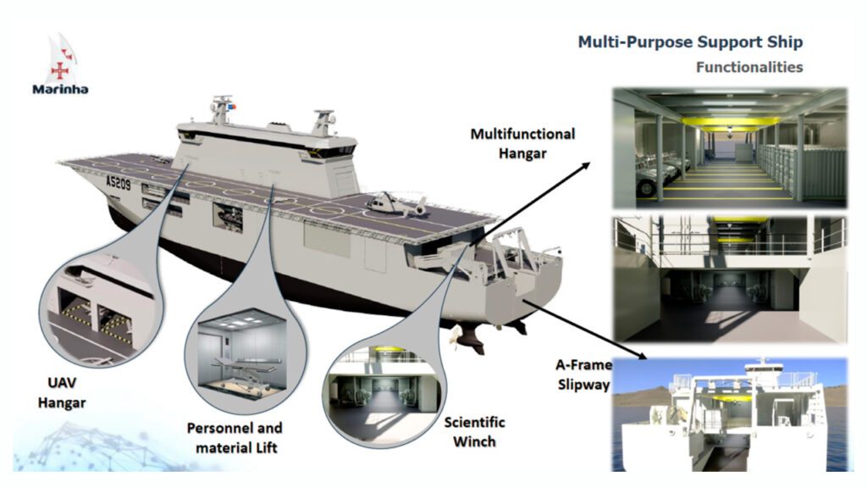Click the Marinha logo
pyautogui.click(x=60, y=64)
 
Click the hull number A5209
pyautogui.click(x=119, y=182)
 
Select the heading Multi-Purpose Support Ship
pyautogui.click(x=690, y=42)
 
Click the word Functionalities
pyautogui.click(x=749, y=68)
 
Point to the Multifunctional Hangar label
pyautogui.click(x=522, y=143)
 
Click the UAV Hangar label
pyautogui.click(x=61, y=393)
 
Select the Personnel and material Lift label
pyautogui.click(x=235, y=438)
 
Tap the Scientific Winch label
pyautogui.click(x=474, y=431)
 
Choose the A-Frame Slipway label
pyautogui.click(x=583, y=374)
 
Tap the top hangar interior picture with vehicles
pyautogui.click(x=730, y=147)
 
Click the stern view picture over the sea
pyautogui.click(x=730, y=414)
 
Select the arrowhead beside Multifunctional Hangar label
pyautogui.click(x=585, y=165)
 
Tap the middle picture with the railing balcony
pyautogui.click(x=730, y=279)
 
